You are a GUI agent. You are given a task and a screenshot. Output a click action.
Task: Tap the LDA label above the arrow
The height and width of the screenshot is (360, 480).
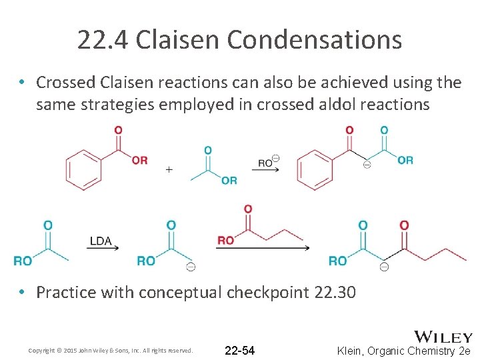click(x=101, y=241)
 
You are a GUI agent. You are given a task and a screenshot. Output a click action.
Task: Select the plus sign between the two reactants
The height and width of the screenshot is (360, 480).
click(x=169, y=169)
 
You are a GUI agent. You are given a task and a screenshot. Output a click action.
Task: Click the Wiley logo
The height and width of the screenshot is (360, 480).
click(x=443, y=337)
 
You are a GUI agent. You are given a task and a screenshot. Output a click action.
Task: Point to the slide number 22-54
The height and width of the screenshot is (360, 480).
click(x=240, y=350)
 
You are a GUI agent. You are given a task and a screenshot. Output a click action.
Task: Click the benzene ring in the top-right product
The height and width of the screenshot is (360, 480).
click(x=315, y=168)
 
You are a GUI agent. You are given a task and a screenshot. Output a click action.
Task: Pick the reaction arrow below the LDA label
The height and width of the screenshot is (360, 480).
click(x=102, y=249)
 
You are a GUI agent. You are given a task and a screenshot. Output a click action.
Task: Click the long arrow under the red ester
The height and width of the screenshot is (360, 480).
click(x=262, y=249)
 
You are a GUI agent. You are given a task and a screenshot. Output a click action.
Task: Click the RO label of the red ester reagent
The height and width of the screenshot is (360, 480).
click(x=226, y=240)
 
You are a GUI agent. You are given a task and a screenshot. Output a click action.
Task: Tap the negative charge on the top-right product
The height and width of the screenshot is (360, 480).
click(x=367, y=165)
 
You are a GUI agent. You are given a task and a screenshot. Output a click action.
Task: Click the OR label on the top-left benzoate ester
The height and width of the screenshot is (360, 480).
click(x=139, y=160)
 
